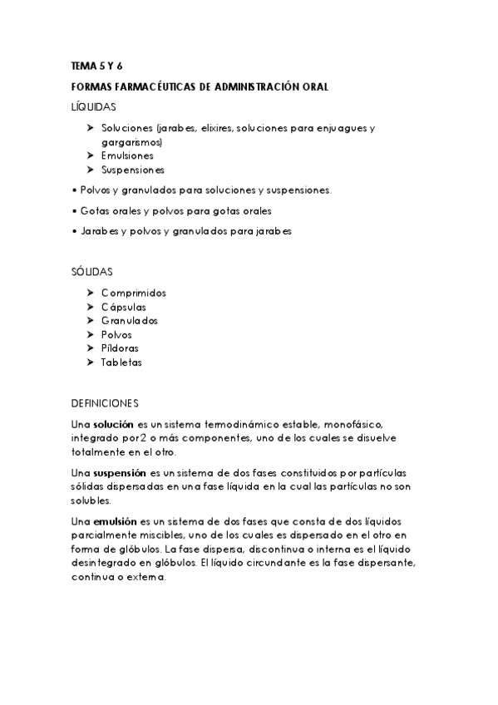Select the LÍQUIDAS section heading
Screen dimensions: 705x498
(x=94, y=106)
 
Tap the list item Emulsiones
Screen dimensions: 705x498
(x=127, y=155)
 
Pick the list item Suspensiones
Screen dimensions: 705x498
(x=133, y=170)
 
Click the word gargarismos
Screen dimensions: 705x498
(x=131, y=141)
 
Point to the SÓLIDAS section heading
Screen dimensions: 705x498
(x=93, y=272)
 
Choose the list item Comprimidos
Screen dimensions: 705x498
(x=134, y=293)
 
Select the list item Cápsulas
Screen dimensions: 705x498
(x=123, y=307)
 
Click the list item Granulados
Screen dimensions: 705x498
(x=130, y=320)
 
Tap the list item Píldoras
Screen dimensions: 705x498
(x=120, y=348)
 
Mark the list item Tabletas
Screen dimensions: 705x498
(x=121, y=362)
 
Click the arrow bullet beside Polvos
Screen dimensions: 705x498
(x=90, y=334)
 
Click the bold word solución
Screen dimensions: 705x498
(x=113, y=424)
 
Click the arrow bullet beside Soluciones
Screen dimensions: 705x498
(x=90, y=128)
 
